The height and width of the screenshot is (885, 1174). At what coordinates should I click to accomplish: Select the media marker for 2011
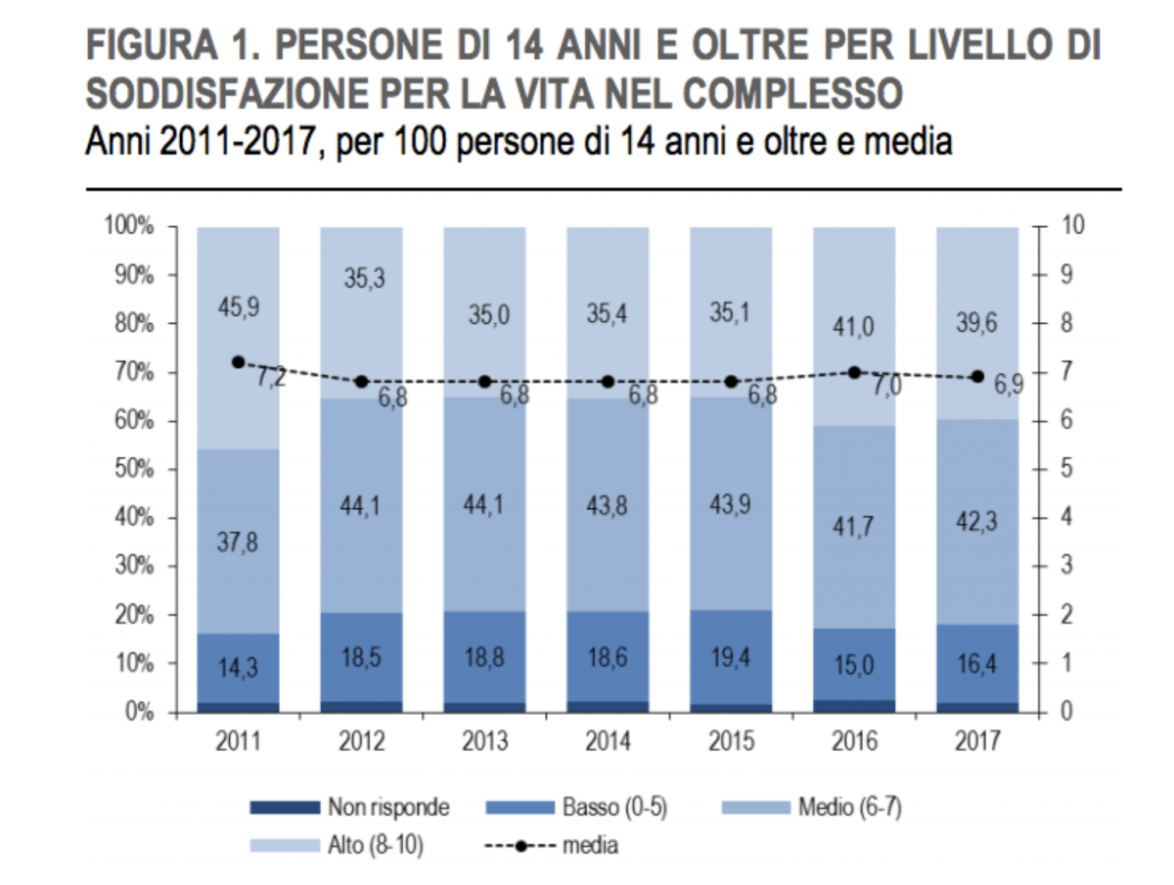[238, 362]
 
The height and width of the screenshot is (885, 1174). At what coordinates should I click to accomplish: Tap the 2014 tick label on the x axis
[608, 742]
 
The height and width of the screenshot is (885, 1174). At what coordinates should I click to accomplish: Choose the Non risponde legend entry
[387, 808]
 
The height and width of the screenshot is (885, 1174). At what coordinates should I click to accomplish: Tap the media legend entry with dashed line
[588, 844]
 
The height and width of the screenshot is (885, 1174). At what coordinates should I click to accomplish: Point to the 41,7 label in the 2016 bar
[854, 527]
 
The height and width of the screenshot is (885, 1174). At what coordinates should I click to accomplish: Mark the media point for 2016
[854, 372]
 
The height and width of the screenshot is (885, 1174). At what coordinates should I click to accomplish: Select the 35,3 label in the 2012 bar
[361, 278]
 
